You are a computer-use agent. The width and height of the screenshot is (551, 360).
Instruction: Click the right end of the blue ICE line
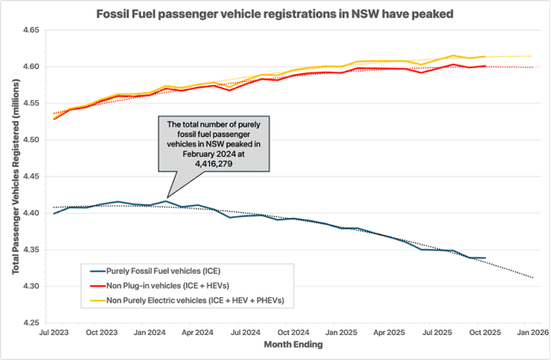click(486, 258)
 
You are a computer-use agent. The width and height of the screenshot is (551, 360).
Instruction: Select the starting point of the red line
click(54, 119)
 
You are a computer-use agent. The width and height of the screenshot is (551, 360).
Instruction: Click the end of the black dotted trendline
click(533, 277)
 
